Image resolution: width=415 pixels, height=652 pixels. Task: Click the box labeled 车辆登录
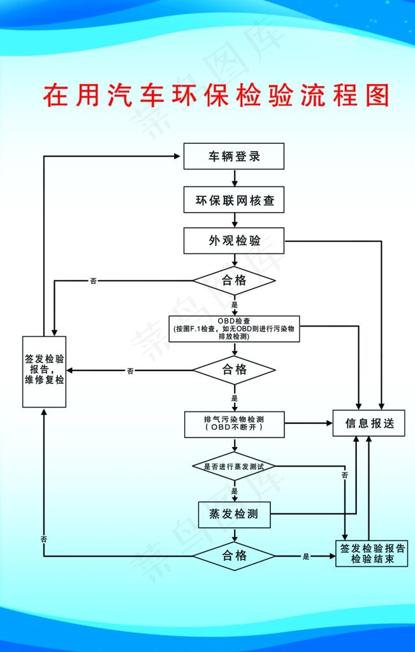tap(234, 156)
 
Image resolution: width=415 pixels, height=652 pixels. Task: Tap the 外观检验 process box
tap(234, 241)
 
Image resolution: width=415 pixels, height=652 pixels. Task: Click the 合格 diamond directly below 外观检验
tap(234, 280)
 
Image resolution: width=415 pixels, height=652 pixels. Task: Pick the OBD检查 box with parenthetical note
tap(234, 329)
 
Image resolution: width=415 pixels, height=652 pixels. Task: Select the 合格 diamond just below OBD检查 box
tap(234, 370)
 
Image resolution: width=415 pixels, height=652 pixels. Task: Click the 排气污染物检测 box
tap(234, 424)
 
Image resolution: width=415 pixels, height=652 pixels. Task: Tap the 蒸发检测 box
tap(234, 514)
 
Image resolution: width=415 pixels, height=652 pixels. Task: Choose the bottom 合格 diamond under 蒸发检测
tap(234, 556)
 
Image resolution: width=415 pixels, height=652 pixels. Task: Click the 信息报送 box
tap(368, 423)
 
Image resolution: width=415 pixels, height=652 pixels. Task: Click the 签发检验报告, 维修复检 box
tap(44, 371)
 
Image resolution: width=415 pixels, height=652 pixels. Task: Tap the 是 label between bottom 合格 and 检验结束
tap(305, 556)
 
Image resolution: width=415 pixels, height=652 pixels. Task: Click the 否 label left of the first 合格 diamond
tap(94, 281)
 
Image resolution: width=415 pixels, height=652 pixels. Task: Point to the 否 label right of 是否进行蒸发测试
tap(345, 476)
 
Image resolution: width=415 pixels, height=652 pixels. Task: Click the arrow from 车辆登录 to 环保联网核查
tap(234, 178)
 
